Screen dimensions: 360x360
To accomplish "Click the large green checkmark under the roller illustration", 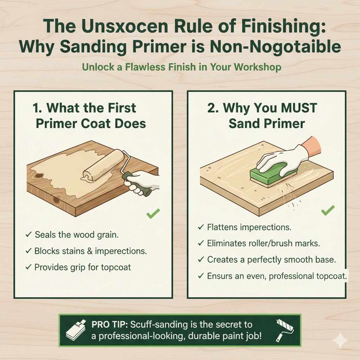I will click(x=153, y=213).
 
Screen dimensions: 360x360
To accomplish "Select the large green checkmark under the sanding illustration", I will click(x=328, y=211).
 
